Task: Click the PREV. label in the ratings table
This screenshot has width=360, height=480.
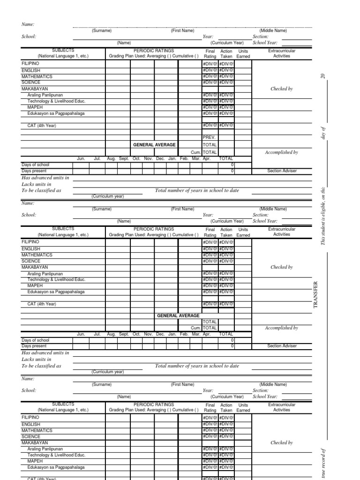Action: [x=209, y=137]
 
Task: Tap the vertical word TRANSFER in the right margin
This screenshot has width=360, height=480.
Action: [x=315, y=294]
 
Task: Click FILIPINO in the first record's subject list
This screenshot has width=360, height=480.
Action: [x=30, y=63]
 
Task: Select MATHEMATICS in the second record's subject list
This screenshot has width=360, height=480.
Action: [x=37, y=255]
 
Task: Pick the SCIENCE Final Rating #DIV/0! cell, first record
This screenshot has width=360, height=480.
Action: [x=210, y=82]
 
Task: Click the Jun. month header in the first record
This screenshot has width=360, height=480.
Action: [x=81, y=159]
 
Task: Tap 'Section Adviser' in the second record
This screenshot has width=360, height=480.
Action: [x=281, y=346]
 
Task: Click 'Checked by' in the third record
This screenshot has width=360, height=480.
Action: [x=281, y=442]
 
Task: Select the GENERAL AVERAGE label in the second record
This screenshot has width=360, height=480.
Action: [x=178, y=316]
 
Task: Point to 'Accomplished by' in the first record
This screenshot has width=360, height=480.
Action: [x=281, y=152]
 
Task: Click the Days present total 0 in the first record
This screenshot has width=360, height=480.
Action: [x=232, y=171]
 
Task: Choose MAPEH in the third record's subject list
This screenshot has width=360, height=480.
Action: [x=35, y=461]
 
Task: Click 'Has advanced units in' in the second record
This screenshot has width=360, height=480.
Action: [x=45, y=352]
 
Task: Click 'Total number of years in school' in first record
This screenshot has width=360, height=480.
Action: [x=197, y=191]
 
